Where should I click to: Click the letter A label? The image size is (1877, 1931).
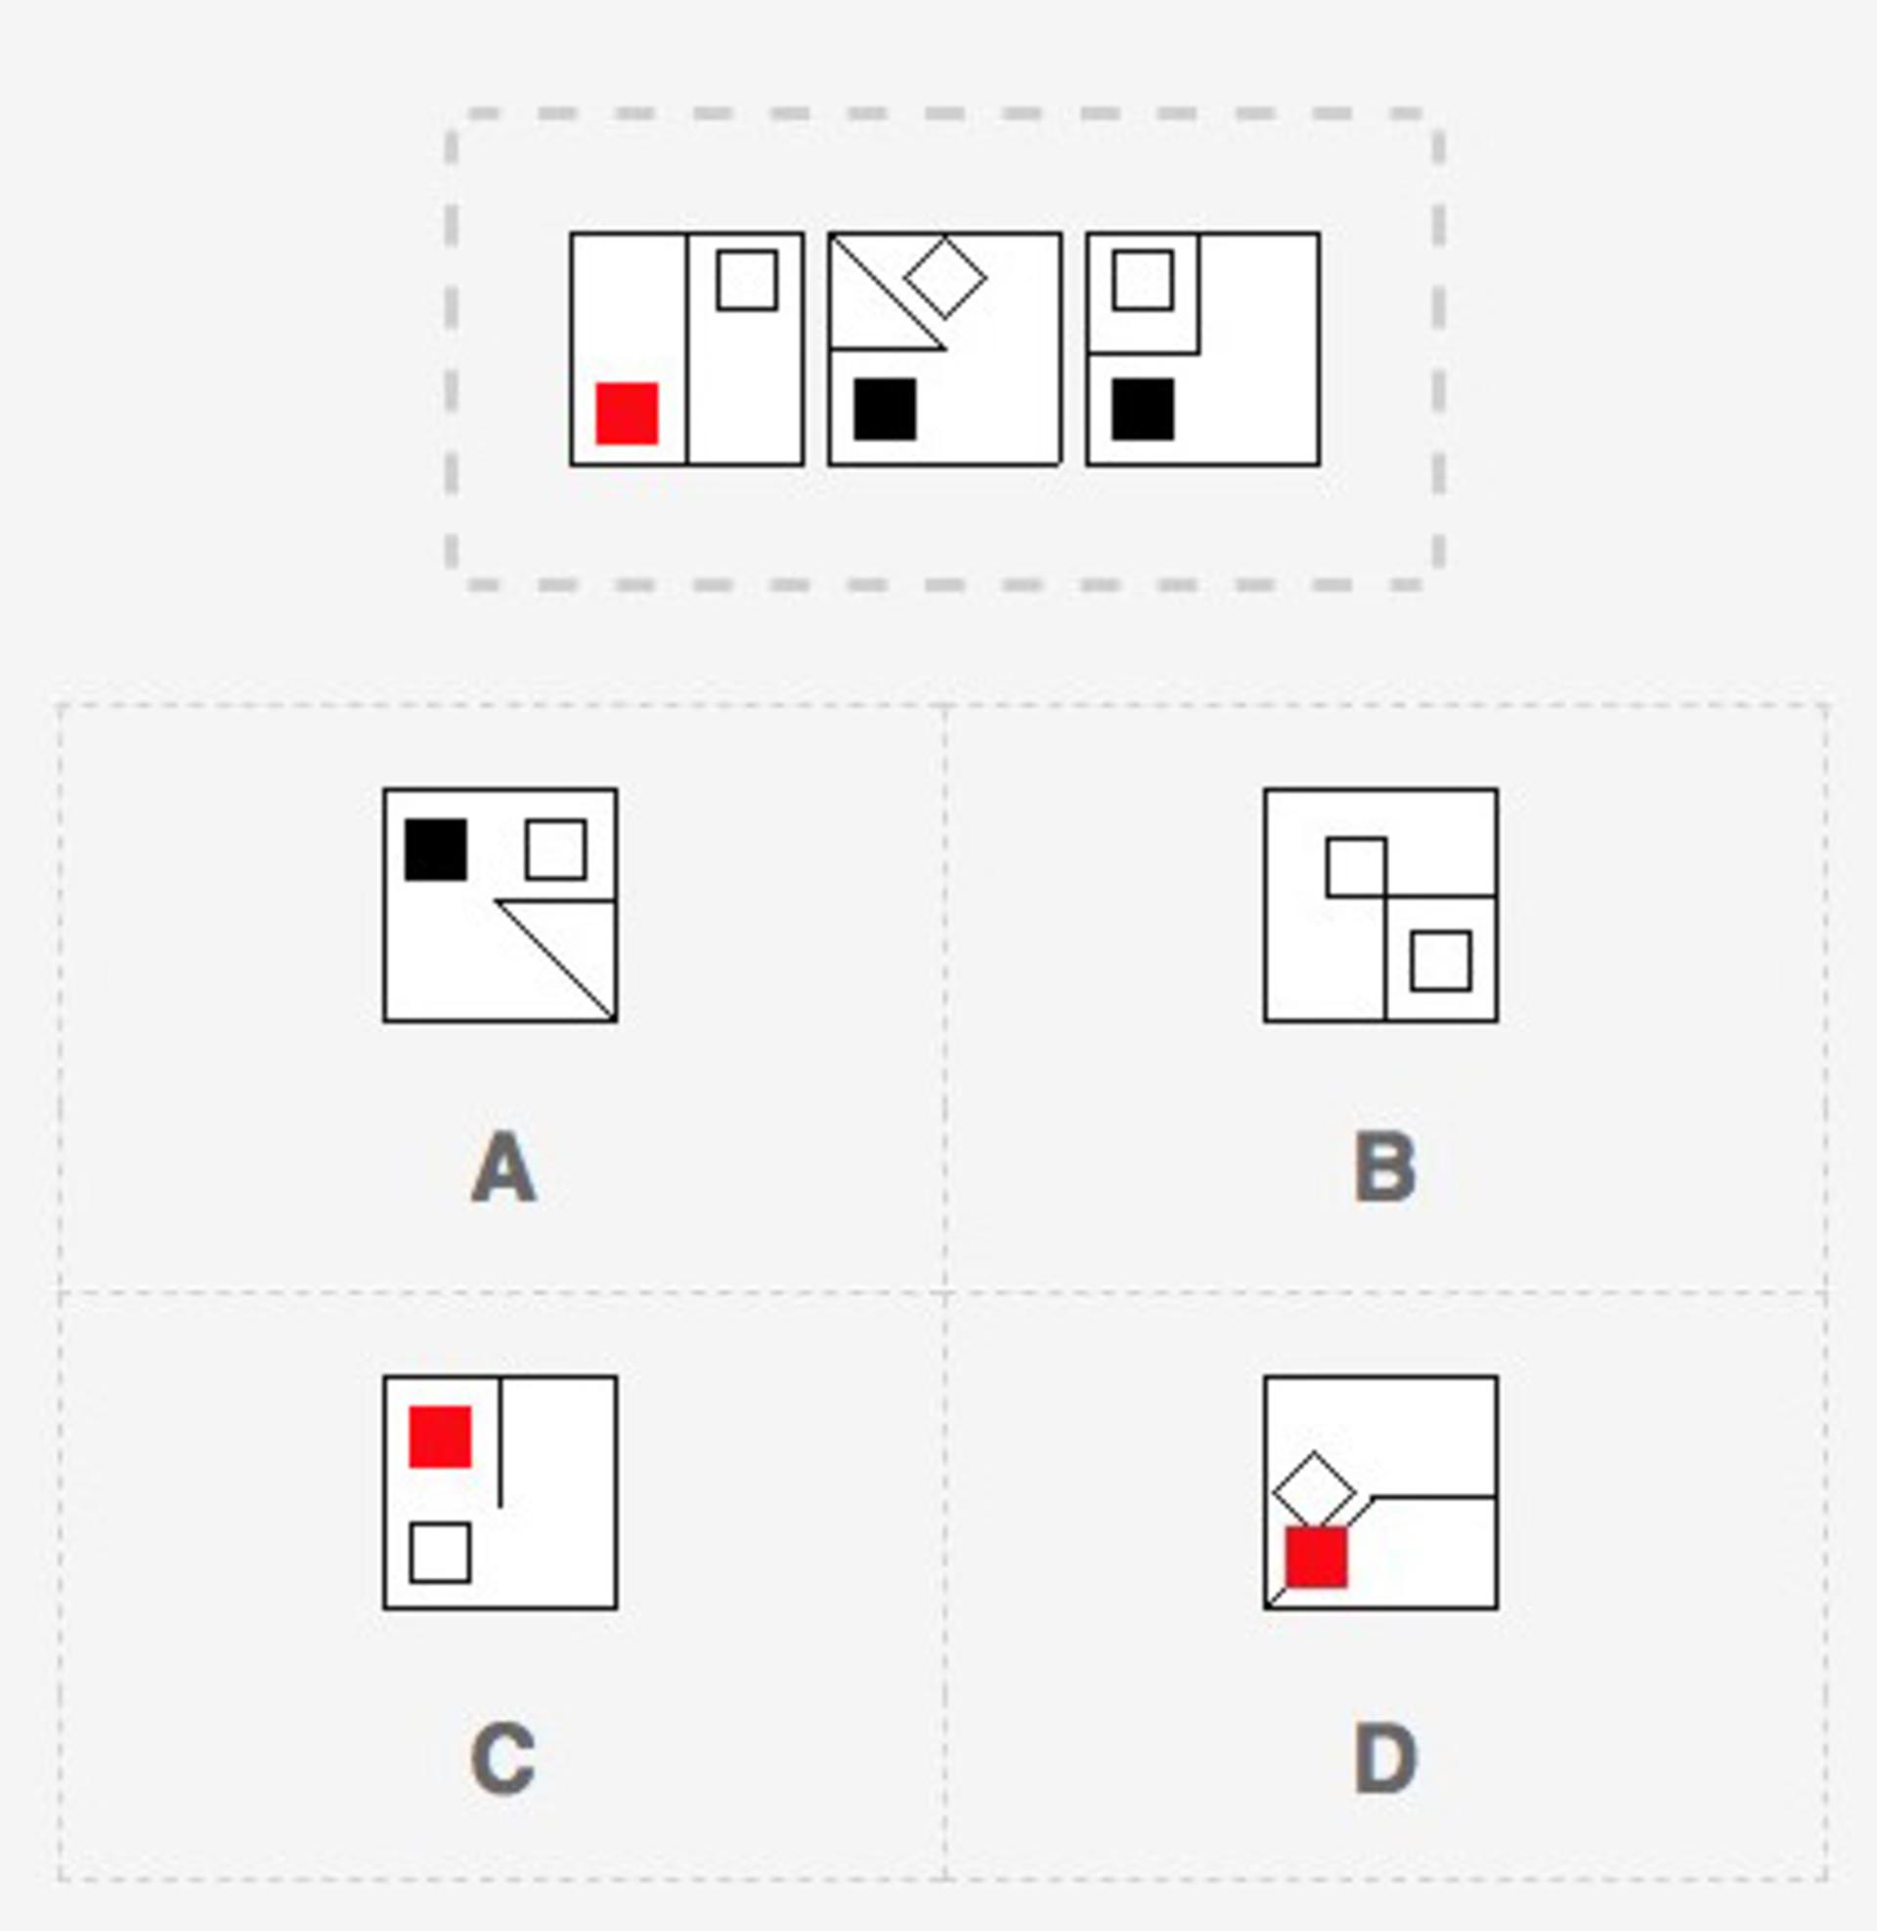click(503, 1167)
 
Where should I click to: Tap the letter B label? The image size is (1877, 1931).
click(1385, 1167)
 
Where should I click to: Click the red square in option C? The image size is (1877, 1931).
click(440, 1436)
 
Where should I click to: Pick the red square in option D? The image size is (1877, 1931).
click(1316, 1558)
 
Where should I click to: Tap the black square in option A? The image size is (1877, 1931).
click(436, 849)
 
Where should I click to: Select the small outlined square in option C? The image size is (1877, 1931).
click(440, 1553)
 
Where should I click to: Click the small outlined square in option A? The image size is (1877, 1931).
click(556, 849)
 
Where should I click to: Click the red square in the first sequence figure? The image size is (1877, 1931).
click(627, 413)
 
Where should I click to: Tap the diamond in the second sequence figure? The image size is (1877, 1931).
click(945, 277)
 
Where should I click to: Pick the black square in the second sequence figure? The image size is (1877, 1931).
click(886, 409)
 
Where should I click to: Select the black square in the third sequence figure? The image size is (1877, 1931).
click(1144, 409)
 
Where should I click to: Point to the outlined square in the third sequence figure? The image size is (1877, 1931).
click(1144, 280)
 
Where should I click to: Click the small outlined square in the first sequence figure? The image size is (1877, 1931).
click(747, 280)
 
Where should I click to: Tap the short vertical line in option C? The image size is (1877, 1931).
click(501, 1442)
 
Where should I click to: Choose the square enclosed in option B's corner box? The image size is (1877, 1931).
click(1441, 960)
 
